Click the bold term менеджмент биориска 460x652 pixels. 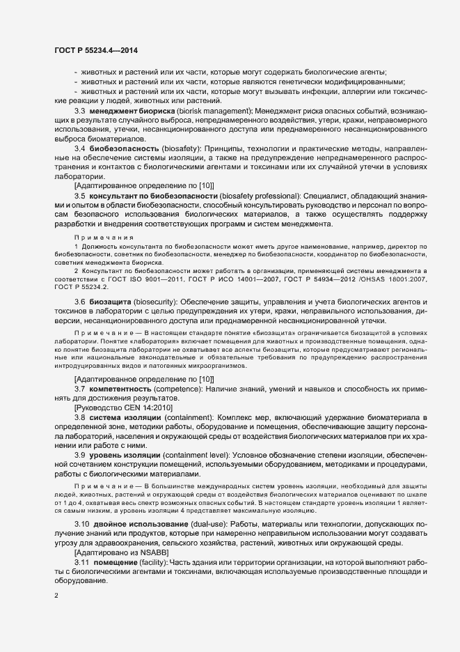click(128, 111)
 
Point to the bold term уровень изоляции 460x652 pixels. click(122, 454)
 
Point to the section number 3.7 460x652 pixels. click(79, 388)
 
